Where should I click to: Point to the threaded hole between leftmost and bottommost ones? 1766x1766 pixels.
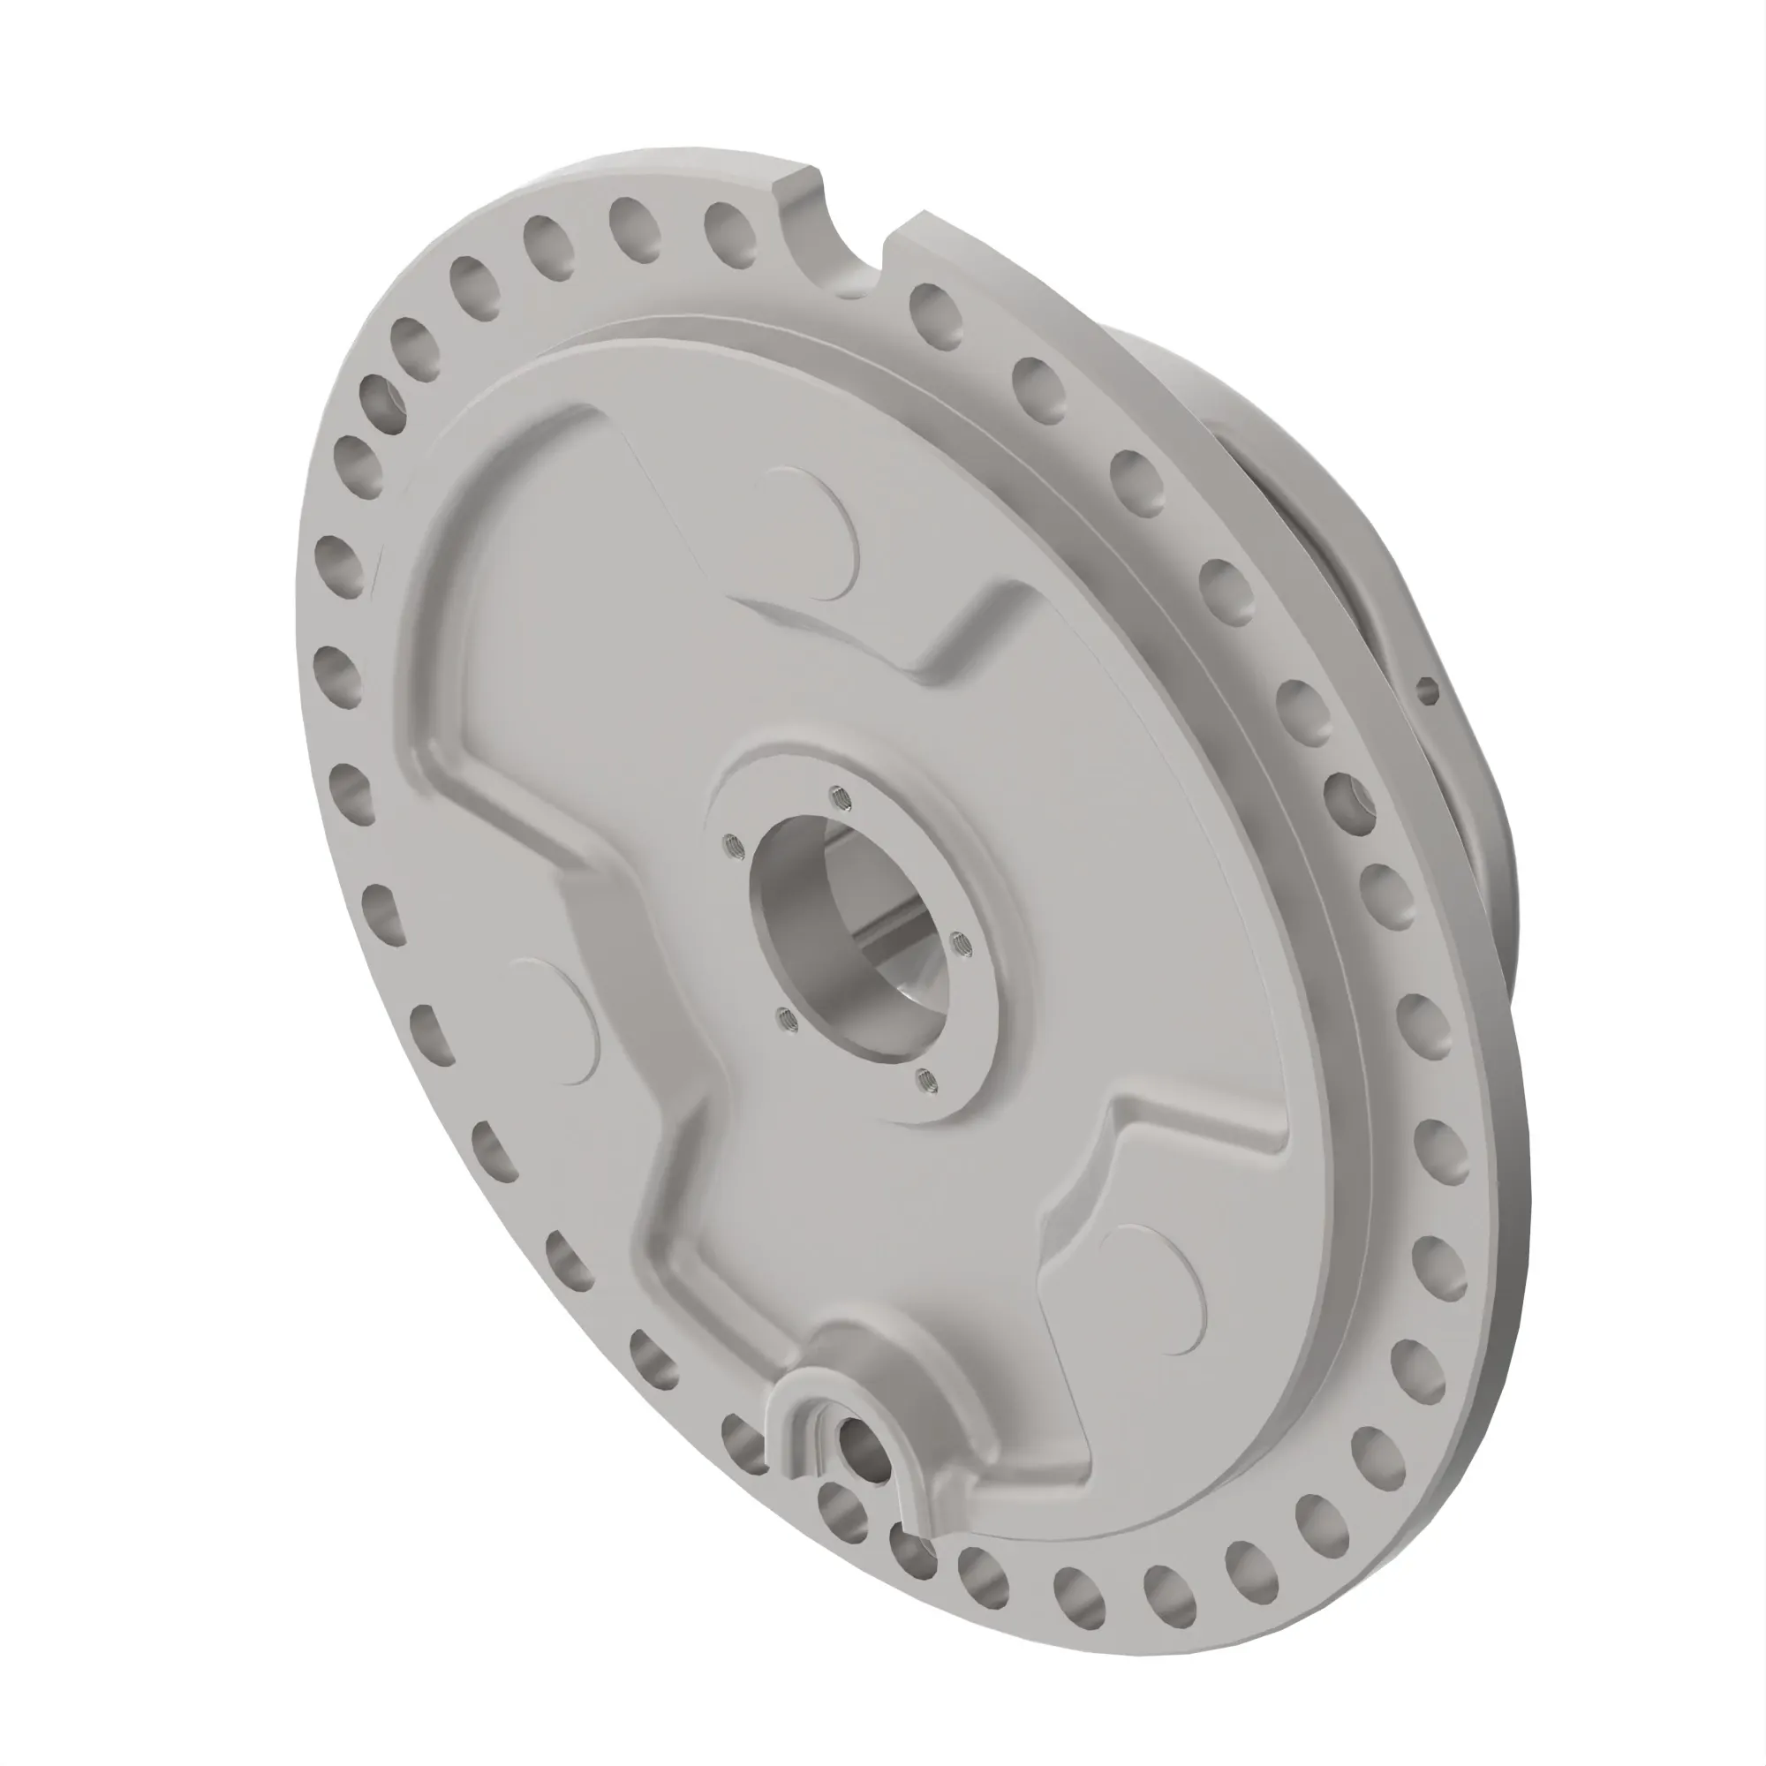click(784, 1017)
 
